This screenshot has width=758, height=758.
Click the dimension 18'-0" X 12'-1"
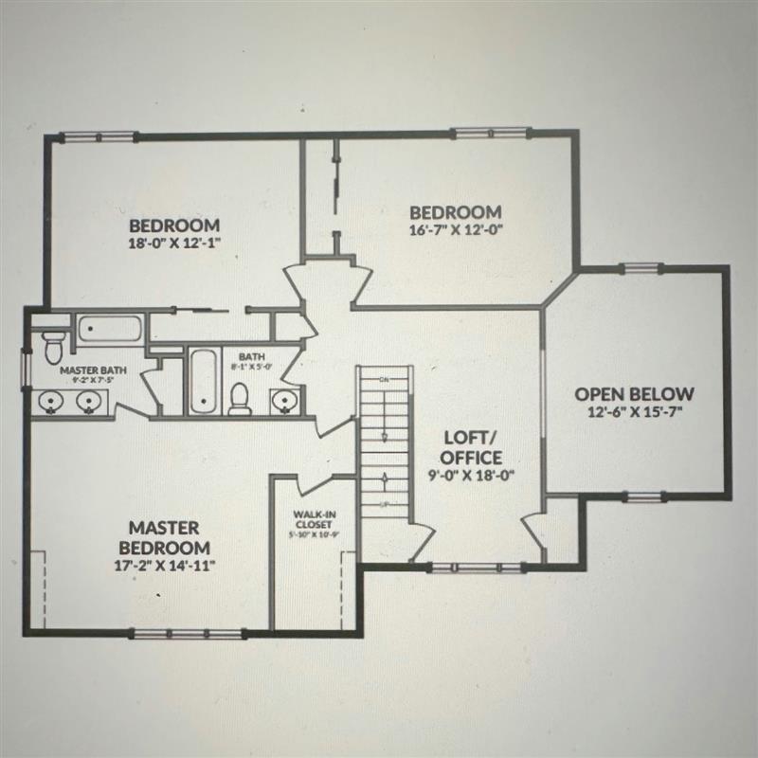click(x=174, y=243)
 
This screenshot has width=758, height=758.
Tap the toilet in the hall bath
click(x=241, y=398)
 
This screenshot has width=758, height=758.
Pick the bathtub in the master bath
click(x=110, y=330)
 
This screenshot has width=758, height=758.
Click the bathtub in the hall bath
click(x=203, y=382)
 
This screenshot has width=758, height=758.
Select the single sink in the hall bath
click(x=283, y=402)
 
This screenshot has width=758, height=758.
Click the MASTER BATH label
click(x=87, y=370)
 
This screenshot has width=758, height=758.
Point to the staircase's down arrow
click(x=386, y=437)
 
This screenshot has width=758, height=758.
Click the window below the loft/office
click(x=477, y=568)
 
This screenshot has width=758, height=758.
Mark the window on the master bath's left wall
click(x=27, y=363)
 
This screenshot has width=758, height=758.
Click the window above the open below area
click(x=640, y=267)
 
